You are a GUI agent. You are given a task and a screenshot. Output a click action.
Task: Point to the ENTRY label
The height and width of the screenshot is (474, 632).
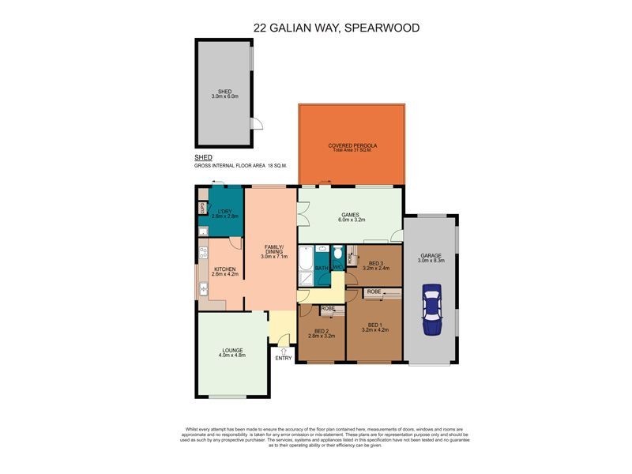pyautogui.click(x=284, y=359)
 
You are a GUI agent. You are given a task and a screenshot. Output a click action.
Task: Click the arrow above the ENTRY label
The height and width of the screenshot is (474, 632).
pyautogui.click(x=284, y=349)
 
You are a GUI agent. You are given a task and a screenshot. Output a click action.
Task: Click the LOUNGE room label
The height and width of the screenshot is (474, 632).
pyautogui.click(x=232, y=350)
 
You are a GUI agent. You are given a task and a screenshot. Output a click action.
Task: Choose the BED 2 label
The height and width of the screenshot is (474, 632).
pyautogui.click(x=322, y=331)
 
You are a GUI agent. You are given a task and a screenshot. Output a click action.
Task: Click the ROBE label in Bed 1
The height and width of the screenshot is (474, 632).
pyautogui.click(x=374, y=292)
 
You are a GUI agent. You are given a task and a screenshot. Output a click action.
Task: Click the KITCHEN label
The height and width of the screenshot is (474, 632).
pyautogui.click(x=225, y=269)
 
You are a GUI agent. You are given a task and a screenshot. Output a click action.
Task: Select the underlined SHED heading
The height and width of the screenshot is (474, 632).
pyautogui.click(x=203, y=158)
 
